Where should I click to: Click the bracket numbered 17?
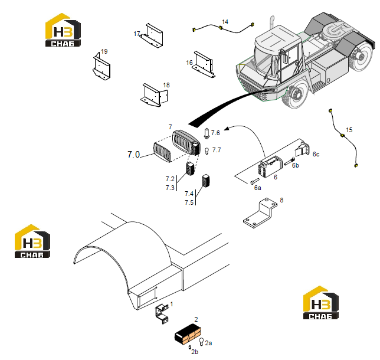(x=152, y=37)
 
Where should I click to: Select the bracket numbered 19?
(x=101, y=67)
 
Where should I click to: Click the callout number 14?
(x=225, y=22)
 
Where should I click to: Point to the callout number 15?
(x=349, y=130)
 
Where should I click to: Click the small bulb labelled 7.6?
(x=207, y=133)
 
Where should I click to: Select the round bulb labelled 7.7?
(x=207, y=151)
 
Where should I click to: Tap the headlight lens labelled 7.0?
(x=162, y=152)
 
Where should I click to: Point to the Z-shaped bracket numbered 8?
(x=260, y=213)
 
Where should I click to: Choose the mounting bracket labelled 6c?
(x=303, y=149)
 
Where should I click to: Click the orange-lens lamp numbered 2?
(x=188, y=334)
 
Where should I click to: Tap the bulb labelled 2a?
(x=201, y=341)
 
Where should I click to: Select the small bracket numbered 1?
(x=162, y=314)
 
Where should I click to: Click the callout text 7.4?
(x=189, y=194)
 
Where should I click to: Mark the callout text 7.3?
(x=170, y=188)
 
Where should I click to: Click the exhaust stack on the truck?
(x=271, y=24)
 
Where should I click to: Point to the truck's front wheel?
(x=295, y=94)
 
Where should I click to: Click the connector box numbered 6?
(x=270, y=167)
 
